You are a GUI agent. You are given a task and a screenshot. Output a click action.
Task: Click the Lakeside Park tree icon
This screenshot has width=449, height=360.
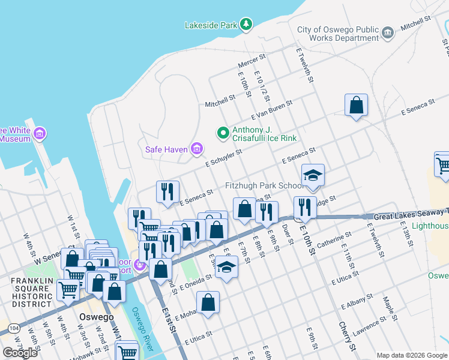(246, 24)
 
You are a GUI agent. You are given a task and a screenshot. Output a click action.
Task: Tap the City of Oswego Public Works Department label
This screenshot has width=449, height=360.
(339, 34)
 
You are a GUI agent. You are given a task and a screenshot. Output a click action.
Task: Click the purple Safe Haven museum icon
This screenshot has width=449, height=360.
(196, 148)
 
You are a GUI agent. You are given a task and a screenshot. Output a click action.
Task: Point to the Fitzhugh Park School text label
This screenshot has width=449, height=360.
(261, 186)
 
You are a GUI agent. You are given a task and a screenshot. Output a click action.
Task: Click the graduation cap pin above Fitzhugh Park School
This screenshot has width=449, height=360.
(313, 175)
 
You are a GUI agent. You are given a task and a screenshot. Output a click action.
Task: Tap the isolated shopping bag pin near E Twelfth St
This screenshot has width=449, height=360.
(356, 104)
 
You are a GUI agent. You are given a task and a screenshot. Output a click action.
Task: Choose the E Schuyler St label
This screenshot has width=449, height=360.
(223, 158)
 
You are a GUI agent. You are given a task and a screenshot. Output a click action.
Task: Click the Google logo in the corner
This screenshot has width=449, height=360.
(20, 353)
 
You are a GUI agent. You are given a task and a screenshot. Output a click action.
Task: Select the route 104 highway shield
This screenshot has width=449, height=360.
(13, 329)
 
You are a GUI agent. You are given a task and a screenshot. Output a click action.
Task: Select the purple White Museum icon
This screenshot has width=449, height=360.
(40, 133)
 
